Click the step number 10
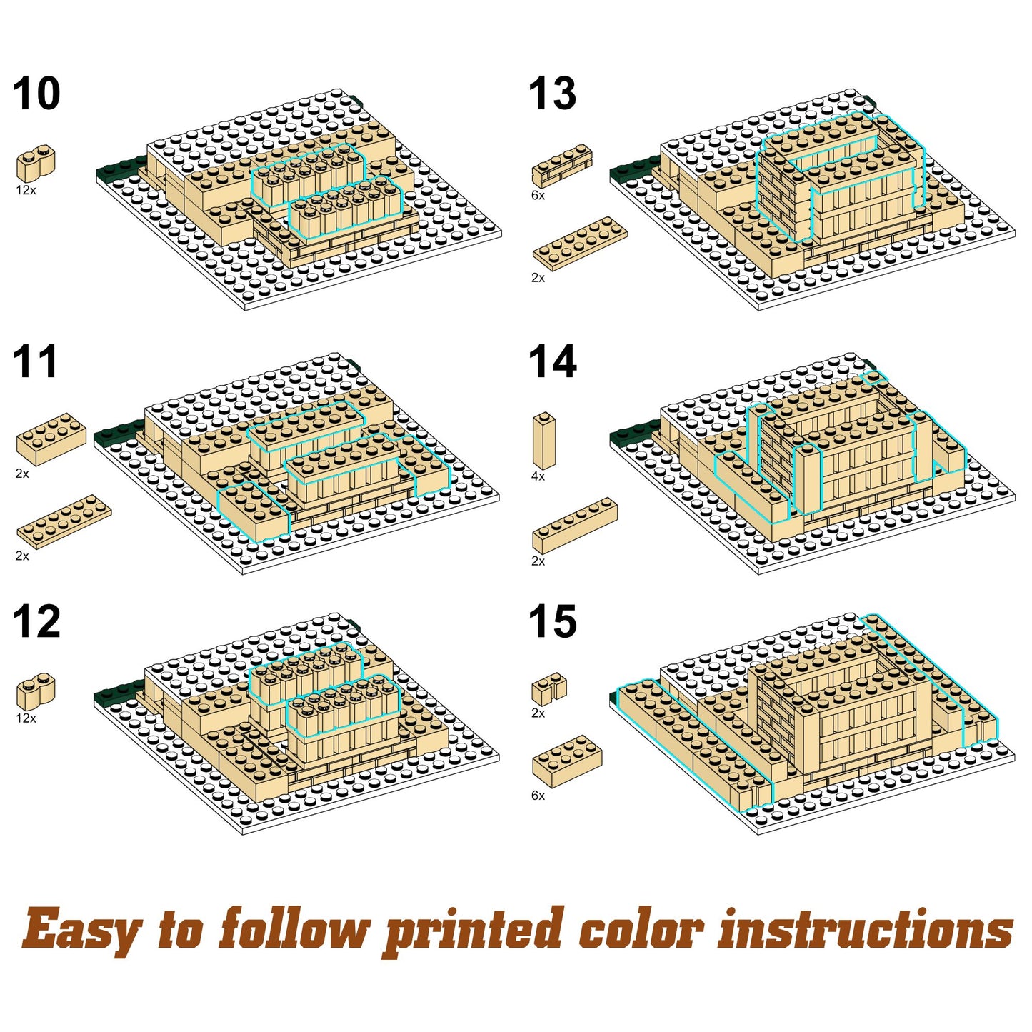click(36, 94)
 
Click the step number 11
click(35, 362)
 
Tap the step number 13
click(552, 94)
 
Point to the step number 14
click(552, 362)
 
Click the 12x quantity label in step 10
click(26, 191)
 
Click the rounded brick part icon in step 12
click(36, 691)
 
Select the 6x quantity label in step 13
click(538, 196)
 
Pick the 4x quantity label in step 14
click(538, 476)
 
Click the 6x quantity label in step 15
click(538, 796)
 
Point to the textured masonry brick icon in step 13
click(562, 166)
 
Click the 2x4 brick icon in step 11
click(51, 439)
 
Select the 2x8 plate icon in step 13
click(580, 244)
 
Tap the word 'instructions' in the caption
click(866, 929)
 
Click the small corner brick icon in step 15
click(548, 688)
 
